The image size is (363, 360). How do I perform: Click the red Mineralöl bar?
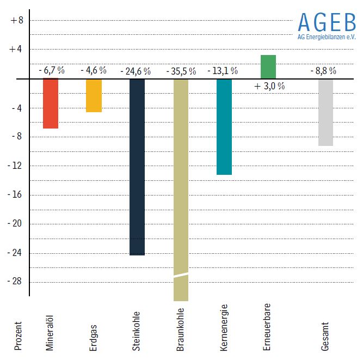(x=51, y=103)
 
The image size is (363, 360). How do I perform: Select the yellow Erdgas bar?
(x=94, y=96)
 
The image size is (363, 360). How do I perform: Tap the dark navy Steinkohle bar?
(x=137, y=167)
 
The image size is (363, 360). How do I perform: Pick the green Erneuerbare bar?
(x=268, y=66)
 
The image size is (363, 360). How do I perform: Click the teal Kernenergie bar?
(x=224, y=127)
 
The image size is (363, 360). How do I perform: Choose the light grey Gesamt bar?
(x=325, y=112)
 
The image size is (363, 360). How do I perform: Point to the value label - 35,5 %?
(x=181, y=71)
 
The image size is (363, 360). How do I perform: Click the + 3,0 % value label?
(x=270, y=86)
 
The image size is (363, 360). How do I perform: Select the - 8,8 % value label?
(x=323, y=71)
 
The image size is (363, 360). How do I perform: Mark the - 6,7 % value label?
(x=52, y=71)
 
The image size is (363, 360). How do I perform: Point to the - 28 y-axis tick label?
(x=16, y=282)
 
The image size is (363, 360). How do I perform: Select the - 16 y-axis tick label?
(x=16, y=194)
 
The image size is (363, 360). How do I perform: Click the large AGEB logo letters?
(x=327, y=22)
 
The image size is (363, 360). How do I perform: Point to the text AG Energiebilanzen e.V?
(x=327, y=38)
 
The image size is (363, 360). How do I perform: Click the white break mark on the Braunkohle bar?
(x=181, y=274)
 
